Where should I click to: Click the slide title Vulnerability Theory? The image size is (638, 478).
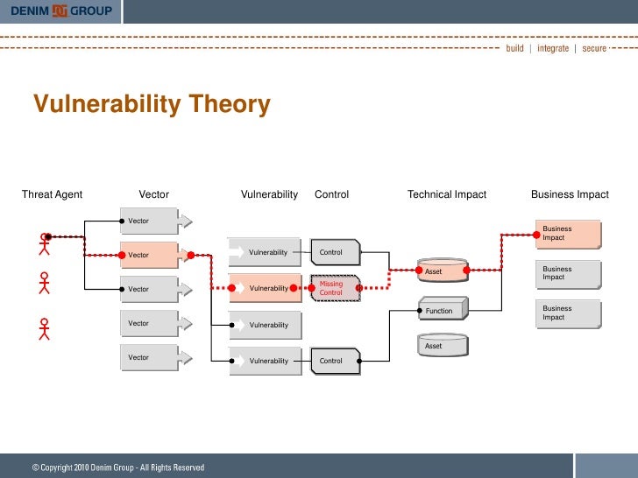click(152, 105)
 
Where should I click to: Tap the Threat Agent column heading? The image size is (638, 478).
click(52, 194)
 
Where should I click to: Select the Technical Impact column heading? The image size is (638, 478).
click(446, 194)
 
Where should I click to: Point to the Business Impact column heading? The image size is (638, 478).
click(570, 194)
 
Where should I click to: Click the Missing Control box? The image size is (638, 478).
click(335, 288)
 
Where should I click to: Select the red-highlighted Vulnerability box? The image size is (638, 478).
click(265, 288)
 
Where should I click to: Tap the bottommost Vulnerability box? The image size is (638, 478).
click(265, 361)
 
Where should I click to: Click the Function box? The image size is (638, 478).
click(441, 310)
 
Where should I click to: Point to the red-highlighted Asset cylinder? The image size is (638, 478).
click(441, 271)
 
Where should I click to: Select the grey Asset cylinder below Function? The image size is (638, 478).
click(441, 346)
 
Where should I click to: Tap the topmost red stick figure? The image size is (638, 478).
click(44, 243)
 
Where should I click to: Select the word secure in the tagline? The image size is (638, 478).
click(594, 48)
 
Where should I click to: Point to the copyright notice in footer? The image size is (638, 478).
click(118, 467)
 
